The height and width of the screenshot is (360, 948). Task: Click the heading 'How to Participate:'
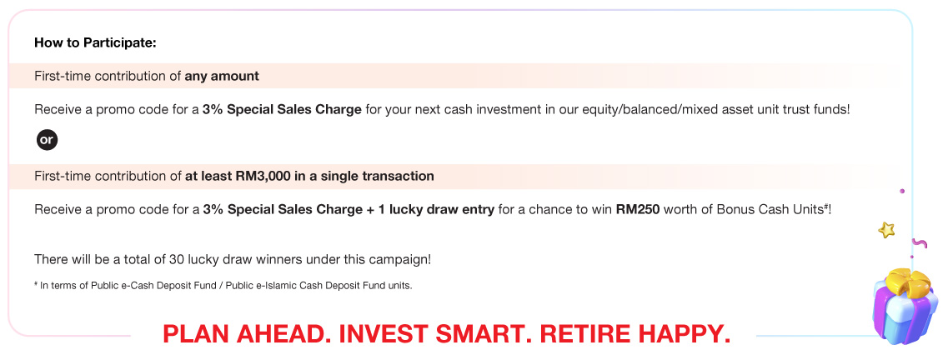click(96, 43)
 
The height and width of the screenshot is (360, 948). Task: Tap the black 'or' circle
click(47, 140)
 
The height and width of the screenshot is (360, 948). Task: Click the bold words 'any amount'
click(222, 76)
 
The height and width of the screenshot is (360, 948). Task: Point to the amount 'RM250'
click(638, 210)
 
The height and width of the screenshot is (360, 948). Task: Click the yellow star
click(886, 229)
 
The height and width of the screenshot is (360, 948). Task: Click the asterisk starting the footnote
click(37, 284)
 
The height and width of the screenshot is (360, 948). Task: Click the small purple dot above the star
click(902, 191)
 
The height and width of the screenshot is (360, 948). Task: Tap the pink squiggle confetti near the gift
click(919, 243)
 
